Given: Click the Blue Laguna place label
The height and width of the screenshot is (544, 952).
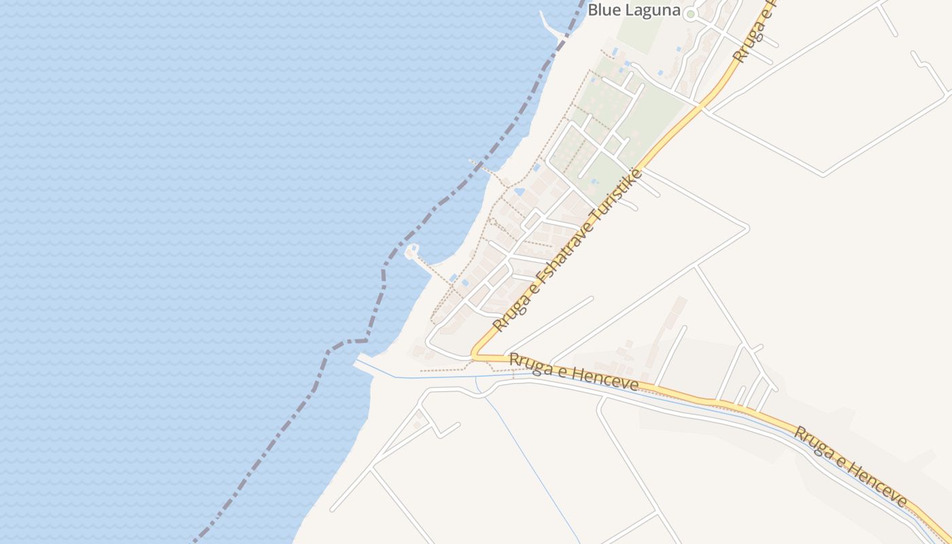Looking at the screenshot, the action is (634, 10).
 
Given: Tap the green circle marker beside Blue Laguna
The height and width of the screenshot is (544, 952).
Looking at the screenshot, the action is (691, 14).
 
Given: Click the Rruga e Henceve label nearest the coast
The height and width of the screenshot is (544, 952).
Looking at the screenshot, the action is (573, 371).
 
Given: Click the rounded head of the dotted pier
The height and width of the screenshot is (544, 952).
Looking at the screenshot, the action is (411, 252).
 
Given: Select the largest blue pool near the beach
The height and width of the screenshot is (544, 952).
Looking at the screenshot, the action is (519, 192).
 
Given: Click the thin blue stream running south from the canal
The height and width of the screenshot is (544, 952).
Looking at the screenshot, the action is (530, 462).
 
